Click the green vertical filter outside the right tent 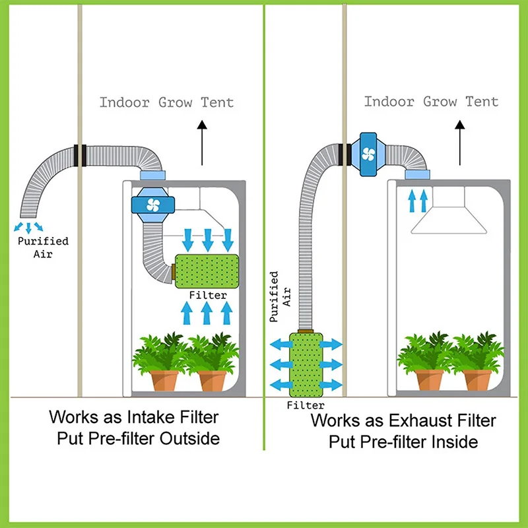[x=307, y=364]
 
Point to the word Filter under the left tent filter [x=208, y=296]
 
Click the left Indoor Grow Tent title [x=166, y=102]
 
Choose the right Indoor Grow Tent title [x=431, y=102]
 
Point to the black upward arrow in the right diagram [x=461, y=143]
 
